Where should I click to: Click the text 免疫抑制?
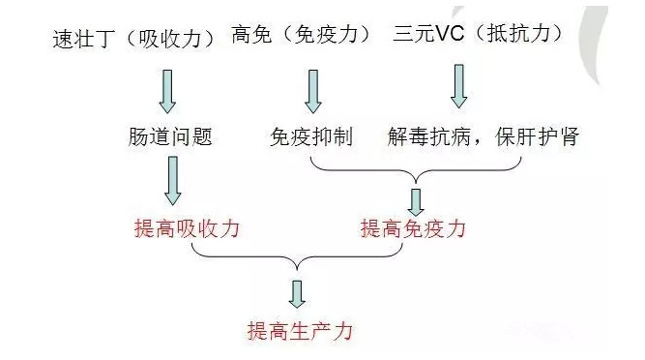(x=311, y=136)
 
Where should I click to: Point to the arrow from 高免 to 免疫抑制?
(x=312, y=90)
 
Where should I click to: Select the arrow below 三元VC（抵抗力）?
(x=458, y=85)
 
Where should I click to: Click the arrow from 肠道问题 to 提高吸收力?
(x=172, y=181)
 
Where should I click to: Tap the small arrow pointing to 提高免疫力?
(x=417, y=200)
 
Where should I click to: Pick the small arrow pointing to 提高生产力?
(x=298, y=293)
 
